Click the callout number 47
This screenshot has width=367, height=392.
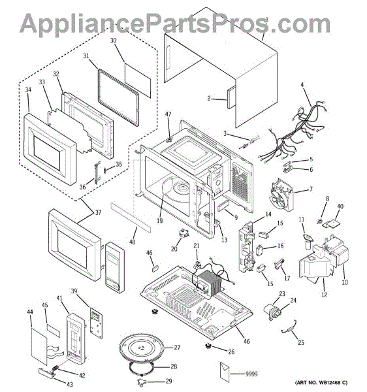(168, 114)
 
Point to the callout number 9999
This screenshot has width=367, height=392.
(251, 374)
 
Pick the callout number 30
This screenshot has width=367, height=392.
(114, 41)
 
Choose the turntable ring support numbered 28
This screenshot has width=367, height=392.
(142, 367)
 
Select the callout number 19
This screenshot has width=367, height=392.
(159, 221)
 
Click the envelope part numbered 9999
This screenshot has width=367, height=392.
(225, 372)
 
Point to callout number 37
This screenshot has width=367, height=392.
(98, 212)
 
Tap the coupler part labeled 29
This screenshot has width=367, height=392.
(142, 381)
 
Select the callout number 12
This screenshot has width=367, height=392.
(325, 295)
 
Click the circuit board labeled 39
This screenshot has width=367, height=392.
(96, 323)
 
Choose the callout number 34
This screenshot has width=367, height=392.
(28, 90)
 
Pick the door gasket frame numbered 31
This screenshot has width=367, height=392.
(118, 98)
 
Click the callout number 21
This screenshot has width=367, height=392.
(197, 246)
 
